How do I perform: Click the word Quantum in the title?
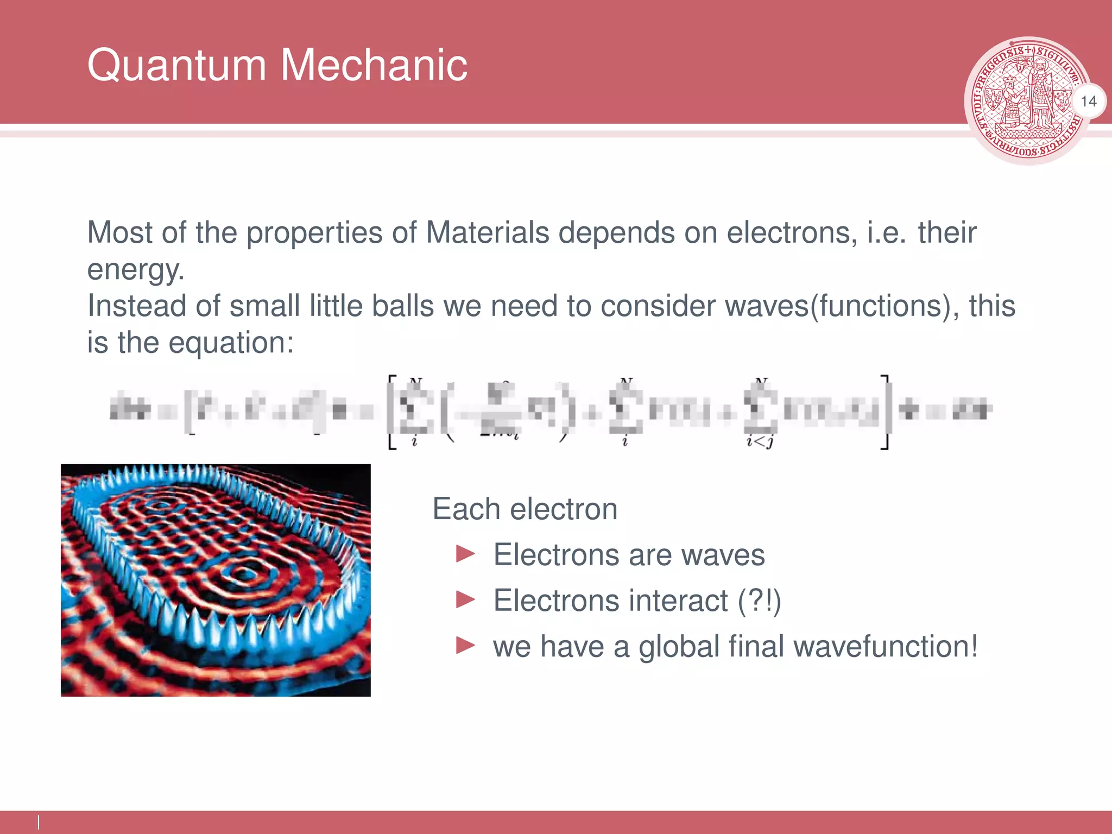coord(177,65)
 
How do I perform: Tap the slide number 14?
coord(1088,102)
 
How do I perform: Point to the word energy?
coord(135,270)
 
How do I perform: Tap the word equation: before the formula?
coord(231,343)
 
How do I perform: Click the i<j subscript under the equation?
coord(760,442)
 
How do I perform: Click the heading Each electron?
coord(525,509)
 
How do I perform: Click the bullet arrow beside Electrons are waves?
coord(466,554)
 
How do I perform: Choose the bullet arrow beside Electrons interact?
coord(466,600)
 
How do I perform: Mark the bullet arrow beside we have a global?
coord(466,646)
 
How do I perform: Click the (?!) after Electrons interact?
coord(759,601)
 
